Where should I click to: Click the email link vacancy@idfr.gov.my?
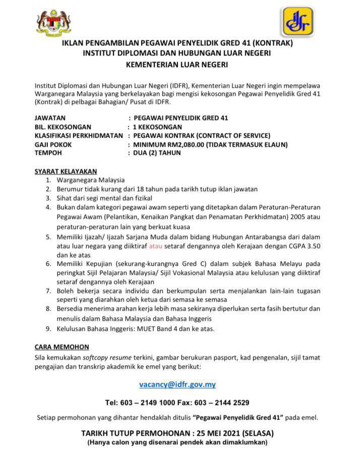click(x=177, y=384)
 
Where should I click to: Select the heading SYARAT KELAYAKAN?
click(x=66, y=171)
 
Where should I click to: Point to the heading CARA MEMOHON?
click(x=62, y=347)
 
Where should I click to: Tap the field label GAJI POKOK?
click(x=53, y=145)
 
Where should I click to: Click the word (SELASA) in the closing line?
click(x=257, y=433)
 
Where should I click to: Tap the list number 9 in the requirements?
click(x=48, y=329)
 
